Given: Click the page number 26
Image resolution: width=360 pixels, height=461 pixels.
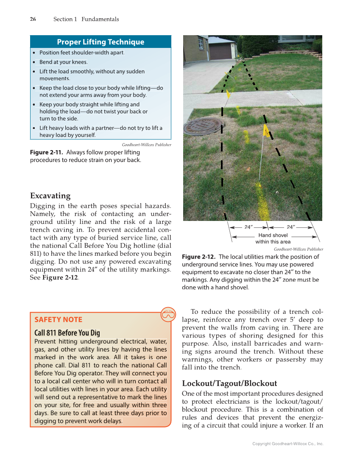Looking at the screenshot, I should pos(33,19).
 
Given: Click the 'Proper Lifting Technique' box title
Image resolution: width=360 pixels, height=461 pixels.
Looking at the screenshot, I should pos(100,42).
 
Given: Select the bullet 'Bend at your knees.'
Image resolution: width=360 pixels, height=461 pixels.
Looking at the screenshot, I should pos(64,62).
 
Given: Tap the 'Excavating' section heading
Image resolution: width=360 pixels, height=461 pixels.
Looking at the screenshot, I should pos(50,196).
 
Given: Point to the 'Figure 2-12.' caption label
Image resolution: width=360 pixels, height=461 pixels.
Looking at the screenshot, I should pos(199,257).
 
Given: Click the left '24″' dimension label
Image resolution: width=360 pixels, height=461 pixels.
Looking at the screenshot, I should pos(249,227).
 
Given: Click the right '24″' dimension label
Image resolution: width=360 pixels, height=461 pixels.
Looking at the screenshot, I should pos(291,227).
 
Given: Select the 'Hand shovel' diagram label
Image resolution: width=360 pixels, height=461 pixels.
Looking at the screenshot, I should pos(273,235).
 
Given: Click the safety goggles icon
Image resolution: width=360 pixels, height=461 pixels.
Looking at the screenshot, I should pos(168,314).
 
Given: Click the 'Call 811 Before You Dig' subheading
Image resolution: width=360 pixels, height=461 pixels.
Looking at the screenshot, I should pos(67,332).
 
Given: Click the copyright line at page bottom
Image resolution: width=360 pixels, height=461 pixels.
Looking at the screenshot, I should pos(287,444).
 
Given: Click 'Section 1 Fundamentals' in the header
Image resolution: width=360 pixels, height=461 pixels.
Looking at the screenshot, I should pos(86,19).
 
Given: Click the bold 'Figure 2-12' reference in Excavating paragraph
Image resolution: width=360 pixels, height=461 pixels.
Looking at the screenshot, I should pos(60,278).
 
